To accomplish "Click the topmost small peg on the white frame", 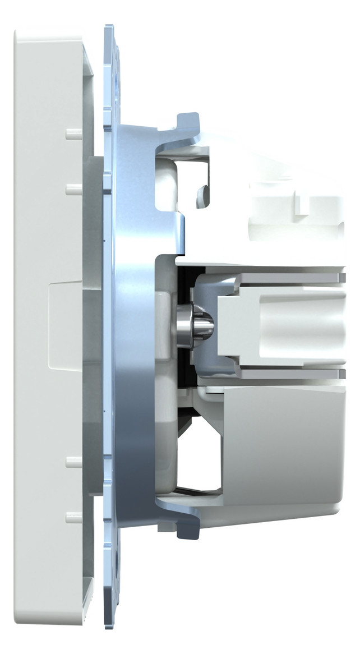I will point(73,134).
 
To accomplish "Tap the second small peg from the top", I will point(73,190).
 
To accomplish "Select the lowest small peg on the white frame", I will point(73,517).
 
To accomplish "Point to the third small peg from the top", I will point(73,462).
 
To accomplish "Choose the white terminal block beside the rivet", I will point(280,325).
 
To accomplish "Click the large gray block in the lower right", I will point(280,443).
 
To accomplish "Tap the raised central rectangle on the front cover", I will point(65,326).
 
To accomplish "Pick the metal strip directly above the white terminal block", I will point(292,278).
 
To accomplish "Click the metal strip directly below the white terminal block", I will point(292,374).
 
